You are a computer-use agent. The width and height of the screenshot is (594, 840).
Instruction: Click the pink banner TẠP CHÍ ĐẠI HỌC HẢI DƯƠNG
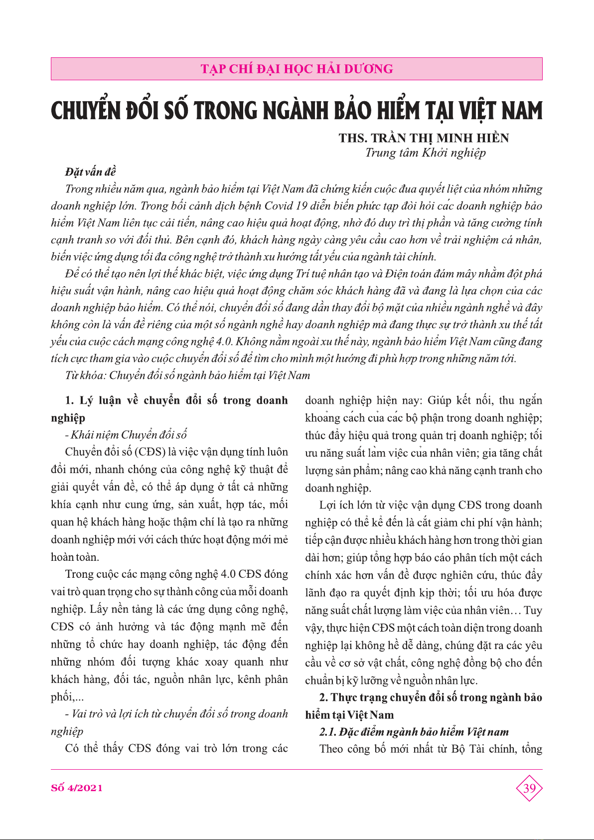pyautogui.click(x=297, y=69)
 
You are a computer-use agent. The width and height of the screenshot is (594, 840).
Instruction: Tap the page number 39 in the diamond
pyautogui.click(x=529, y=788)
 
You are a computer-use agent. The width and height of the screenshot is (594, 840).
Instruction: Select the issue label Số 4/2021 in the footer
pyautogui.click(x=77, y=788)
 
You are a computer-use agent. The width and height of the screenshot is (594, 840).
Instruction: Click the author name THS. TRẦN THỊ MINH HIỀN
pyautogui.click(x=424, y=138)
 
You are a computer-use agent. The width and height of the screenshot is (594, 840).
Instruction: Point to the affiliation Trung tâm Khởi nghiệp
pyautogui.click(x=425, y=153)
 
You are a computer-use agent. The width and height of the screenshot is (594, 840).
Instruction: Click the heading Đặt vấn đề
pyautogui.click(x=90, y=172)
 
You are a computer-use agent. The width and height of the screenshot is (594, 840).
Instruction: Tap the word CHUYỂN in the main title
pyautogui.click(x=85, y=111)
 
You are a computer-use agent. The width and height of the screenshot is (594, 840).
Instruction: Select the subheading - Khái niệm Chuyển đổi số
pyautogui.click(x=126, y=435)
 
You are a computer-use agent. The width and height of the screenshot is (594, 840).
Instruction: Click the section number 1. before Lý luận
pyautogui.click(x=70, y=400)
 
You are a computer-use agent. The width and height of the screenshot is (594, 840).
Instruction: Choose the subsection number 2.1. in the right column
pyautogui.click(x=327, y=732)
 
